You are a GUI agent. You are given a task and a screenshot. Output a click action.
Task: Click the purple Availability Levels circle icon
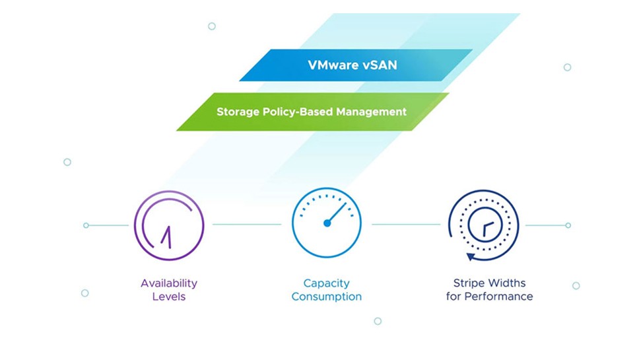[x=169, y=225]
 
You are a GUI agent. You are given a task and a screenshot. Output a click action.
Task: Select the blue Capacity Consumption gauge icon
[x=327, y=223]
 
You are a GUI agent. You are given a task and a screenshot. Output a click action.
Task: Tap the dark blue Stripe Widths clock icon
[x=484, y=225]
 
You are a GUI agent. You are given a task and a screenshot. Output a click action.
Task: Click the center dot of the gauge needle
[x=327, y=223]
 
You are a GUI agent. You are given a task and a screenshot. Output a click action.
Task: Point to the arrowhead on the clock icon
[x=471, y=257]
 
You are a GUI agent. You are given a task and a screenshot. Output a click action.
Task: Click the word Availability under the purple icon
[x=169, y=283]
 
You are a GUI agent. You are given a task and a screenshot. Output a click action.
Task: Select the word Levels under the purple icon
[x=169, y=297]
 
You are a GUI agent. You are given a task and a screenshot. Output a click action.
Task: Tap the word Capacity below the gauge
[x=327, y=283]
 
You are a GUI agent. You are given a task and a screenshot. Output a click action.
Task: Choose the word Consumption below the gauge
[x=327, y=297]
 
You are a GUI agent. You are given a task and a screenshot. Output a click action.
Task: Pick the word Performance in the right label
[x=498, y=297]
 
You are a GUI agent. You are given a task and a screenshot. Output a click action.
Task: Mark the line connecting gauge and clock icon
[x=405, y=225]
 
